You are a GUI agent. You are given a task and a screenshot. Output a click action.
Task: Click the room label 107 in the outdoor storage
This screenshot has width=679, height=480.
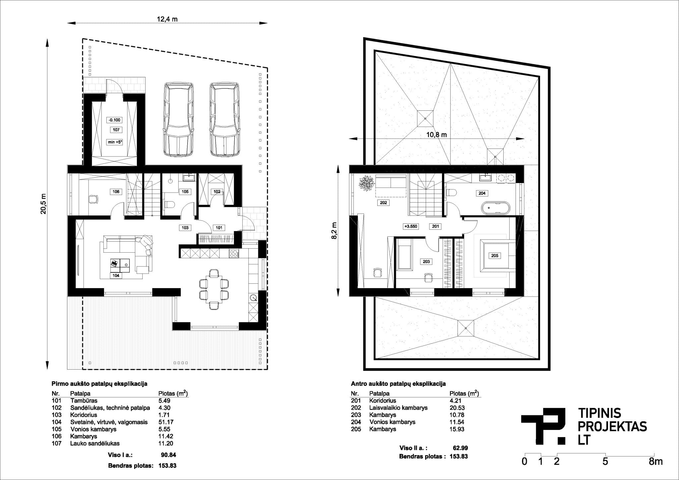[116, 130]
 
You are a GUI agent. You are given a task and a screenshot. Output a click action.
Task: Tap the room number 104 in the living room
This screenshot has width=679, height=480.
[116, 275]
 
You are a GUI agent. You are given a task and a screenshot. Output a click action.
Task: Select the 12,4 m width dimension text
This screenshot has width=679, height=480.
[167, 19]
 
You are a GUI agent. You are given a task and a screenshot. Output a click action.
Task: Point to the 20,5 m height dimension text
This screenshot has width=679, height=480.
[43, 204]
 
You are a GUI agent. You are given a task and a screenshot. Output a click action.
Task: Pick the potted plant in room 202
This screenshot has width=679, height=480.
[366, 183]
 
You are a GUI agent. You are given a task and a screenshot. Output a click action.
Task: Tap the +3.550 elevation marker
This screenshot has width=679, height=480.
[410, 227]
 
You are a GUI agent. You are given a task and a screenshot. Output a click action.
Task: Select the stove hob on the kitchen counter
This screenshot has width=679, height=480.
[234, 254]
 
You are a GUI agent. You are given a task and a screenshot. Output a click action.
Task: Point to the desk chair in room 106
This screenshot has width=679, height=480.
[93, 199]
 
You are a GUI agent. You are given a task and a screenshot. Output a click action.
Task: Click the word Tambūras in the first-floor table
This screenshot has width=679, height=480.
[84, 400]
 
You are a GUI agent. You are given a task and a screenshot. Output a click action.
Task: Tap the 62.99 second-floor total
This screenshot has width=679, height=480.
[460, 448]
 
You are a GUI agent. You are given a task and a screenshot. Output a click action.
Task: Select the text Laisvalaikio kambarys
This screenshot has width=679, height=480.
[398, 408]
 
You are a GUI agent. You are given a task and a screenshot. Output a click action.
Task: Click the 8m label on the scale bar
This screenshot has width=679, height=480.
[656, 461]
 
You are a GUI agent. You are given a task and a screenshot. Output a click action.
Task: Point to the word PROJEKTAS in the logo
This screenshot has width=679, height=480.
[612, 426]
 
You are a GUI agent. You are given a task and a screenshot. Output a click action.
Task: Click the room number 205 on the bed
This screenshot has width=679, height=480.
[494, 256]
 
